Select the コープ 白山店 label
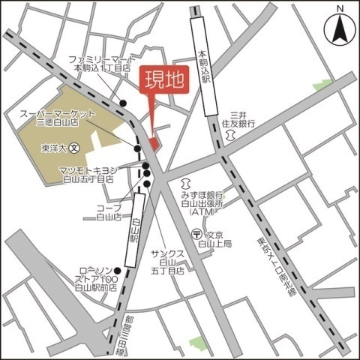click(109, 211)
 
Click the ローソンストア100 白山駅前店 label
click(97, 279)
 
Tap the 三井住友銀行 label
click(238, 115)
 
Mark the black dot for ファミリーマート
click(124, 103)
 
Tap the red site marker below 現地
click(154, 142)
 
